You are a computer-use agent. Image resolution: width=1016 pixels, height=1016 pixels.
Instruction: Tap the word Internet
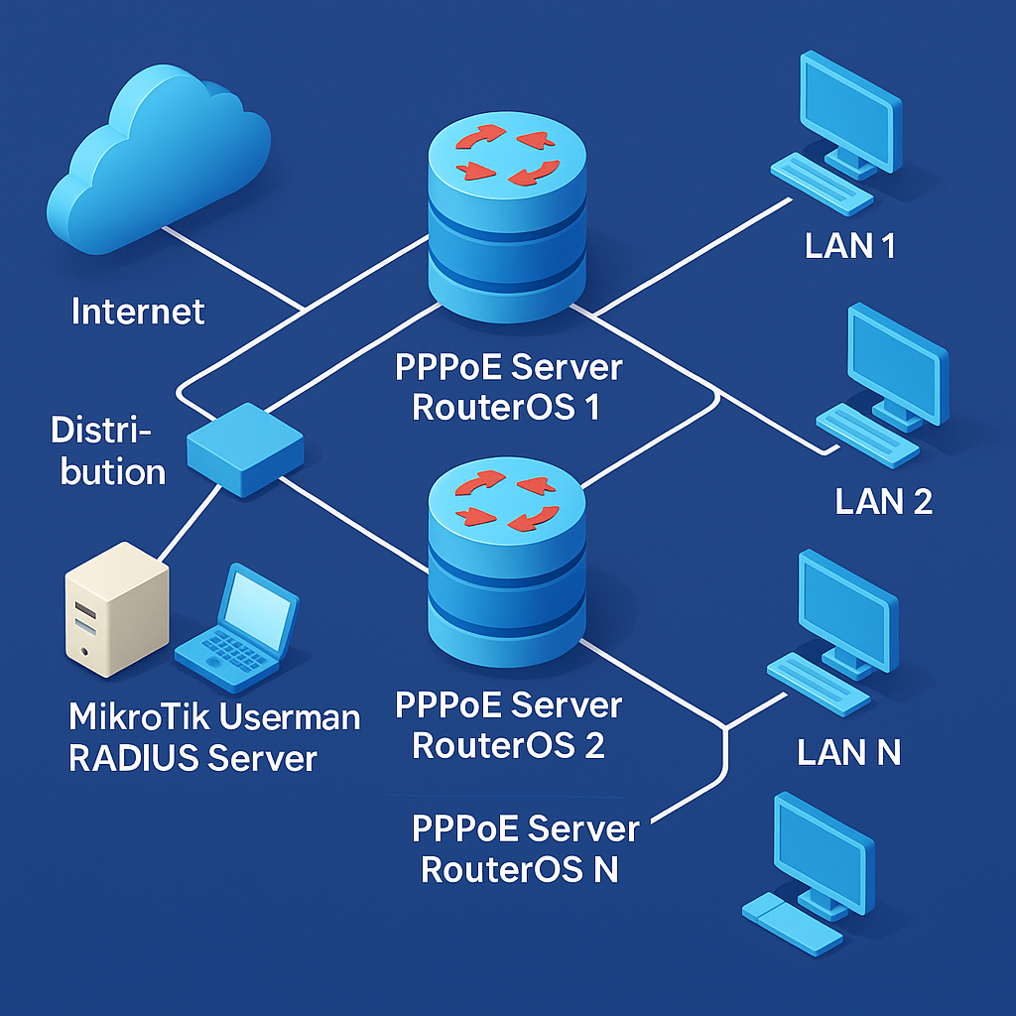tap(138, 312)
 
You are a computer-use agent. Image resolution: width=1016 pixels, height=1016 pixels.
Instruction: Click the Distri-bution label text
tap(107, 451)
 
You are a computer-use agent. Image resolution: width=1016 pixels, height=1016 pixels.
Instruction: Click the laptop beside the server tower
tap(236, 631)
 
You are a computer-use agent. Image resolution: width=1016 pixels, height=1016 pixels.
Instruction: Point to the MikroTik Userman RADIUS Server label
tap(214, 737)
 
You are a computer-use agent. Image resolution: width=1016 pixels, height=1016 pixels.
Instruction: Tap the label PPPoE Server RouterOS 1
tap(509, 387)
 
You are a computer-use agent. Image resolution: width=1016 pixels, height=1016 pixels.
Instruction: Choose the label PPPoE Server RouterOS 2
tap(509, 725)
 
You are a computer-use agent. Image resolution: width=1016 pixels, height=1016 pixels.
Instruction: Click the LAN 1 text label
tap(850, 245)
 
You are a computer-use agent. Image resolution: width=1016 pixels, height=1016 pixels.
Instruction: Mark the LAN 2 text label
tap(884, 501)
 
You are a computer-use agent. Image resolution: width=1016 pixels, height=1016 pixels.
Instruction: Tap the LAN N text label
tap(849, 752)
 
